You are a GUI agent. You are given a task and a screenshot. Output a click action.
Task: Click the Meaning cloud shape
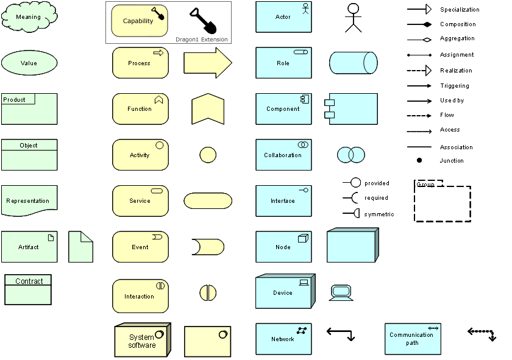pyautogui.click(x=29, y=17)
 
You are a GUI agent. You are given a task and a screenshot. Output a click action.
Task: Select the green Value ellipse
pyautogui.click(x=29, y=63)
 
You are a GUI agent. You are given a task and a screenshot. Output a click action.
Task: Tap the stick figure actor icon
pyautogui.click(x=353, y=18)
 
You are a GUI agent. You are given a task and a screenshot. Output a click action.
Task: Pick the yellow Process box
pyautogui.click(x=140, y=63)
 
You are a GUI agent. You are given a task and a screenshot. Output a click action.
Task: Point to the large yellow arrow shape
pyautogui.click(x=207, y=63)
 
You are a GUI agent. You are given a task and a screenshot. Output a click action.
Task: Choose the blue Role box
pyautogui.click(x=283, y=63)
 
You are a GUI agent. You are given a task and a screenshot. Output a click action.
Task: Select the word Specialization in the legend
pyautogui.click(x=460, y=10)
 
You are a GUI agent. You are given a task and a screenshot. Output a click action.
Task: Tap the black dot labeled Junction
pyautogui.click(x=419, y=161)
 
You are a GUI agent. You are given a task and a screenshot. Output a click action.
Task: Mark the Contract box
pyautogui.click(x=28, y=289)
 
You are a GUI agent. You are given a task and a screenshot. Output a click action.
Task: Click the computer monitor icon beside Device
pyautogui.click(x=341, y=292)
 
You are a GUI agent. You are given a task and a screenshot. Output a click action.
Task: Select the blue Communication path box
pyautogui.click(x=413, y=339)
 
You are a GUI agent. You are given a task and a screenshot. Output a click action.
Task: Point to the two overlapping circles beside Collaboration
pyautogui.click(x=350, y=155)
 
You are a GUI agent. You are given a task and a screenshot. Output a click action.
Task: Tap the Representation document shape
pyautogui.click(x=29, y=200)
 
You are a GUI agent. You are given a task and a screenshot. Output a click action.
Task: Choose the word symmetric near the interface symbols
pyautogui.click(x=379, y=214)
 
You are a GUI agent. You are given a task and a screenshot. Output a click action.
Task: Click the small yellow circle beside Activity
pyautogui.click(x=208, y=155)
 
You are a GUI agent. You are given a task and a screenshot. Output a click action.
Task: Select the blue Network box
pyautogui.click(x=283, y=339)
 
